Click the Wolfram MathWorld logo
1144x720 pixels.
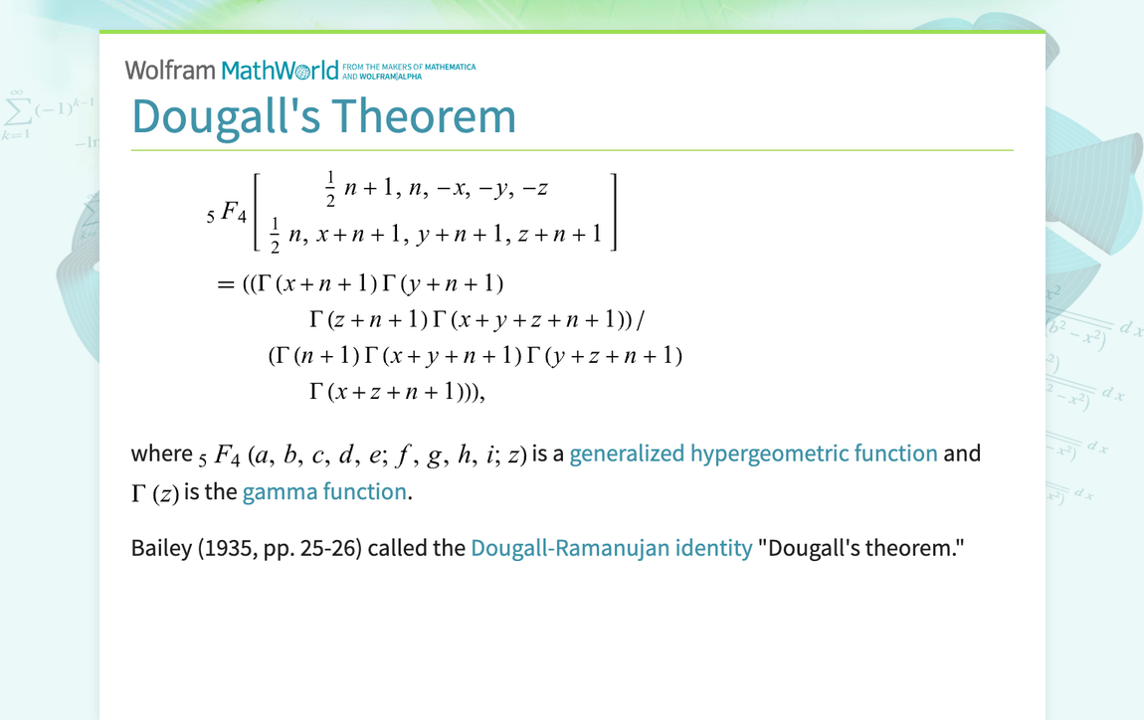(x=232, y=71)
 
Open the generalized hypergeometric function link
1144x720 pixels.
(x=753, y=454)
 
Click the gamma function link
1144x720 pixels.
(x=324, y=492)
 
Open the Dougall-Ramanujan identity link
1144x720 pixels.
(x=611, y=548)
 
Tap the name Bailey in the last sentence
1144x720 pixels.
(x=162, y=548)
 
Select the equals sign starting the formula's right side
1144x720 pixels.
(x=224, y=284)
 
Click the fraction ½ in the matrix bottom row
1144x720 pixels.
(x=276, y=235)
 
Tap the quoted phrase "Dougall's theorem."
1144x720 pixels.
(x=861, y=548)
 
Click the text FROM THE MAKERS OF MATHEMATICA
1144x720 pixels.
(x=409, y=67)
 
